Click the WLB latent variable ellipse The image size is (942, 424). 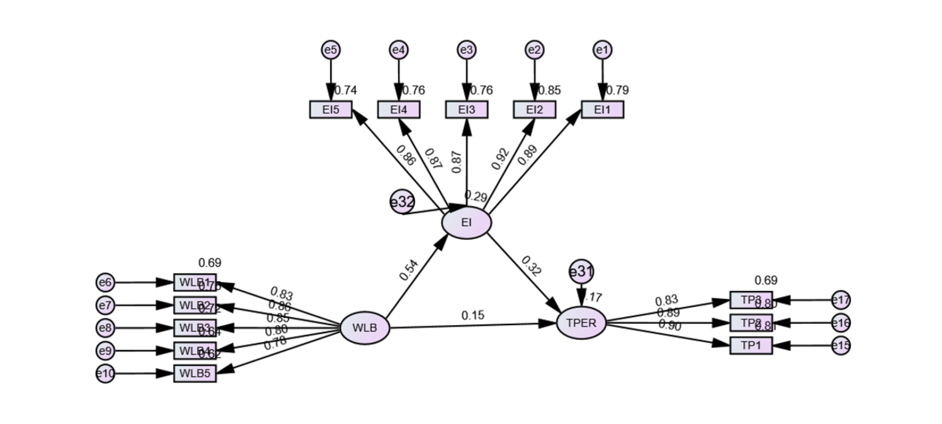[x=365, y=328]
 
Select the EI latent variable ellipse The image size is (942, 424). [x=466, y=222]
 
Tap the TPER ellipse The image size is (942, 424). [x=581, y=323]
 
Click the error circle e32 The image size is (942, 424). [x=402, y=202]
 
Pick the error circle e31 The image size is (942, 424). [x=581, y=272]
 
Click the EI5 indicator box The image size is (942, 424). [x=331, y=110]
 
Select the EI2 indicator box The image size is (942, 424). [x=534, y=110]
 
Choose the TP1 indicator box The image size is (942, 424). [x=751, y=345]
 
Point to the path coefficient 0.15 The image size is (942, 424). [x=472, y=315]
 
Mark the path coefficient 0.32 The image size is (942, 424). [x=531, y=266]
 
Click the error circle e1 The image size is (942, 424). [x=602, y=50]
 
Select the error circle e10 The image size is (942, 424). [x=105, y=373]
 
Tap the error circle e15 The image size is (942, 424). [x=840, y=345]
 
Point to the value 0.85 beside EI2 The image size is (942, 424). [x=549, y=90]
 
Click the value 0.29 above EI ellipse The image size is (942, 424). [x=476, y=196]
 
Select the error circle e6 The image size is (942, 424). [x=105, y=282]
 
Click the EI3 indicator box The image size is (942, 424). [x=466, y=110]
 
